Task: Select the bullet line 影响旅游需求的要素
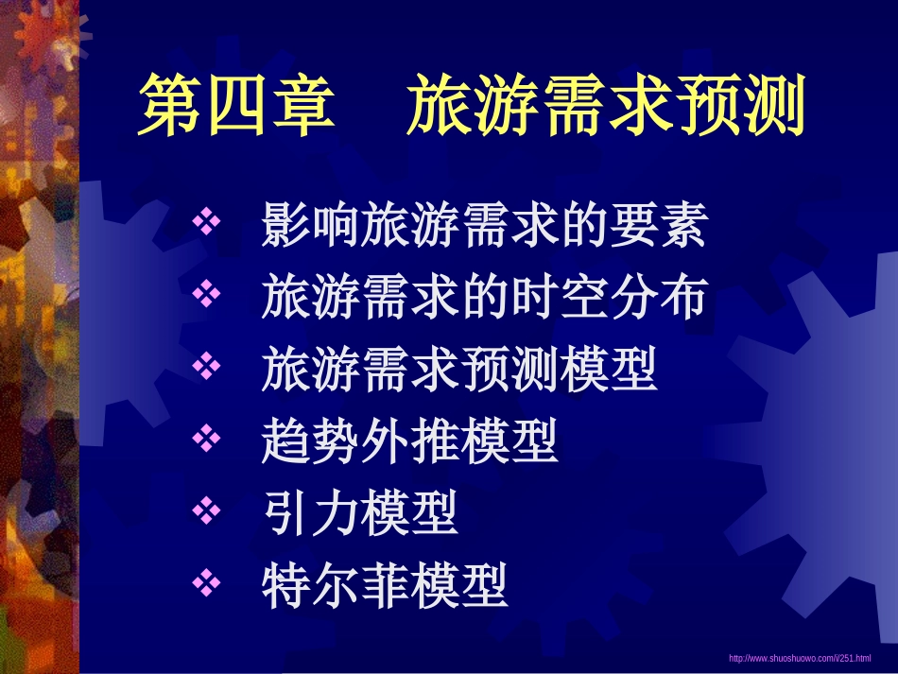[484, 227]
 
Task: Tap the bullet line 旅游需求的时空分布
[484, 298]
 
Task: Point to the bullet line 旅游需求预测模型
[459, 370]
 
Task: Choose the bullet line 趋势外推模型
[409, 441]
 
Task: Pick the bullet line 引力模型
[360, 513]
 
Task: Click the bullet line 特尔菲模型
[385, 585]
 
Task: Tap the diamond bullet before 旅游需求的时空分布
[205, 295]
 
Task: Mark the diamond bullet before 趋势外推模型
[205, 439]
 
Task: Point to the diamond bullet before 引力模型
[205, 510]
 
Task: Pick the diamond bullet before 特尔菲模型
[205, 582]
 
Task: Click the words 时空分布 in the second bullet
[608, 298]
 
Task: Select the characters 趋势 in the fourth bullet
[310, 441]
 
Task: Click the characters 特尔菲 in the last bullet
[336, 585]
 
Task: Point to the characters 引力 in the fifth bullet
[310, 513]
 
